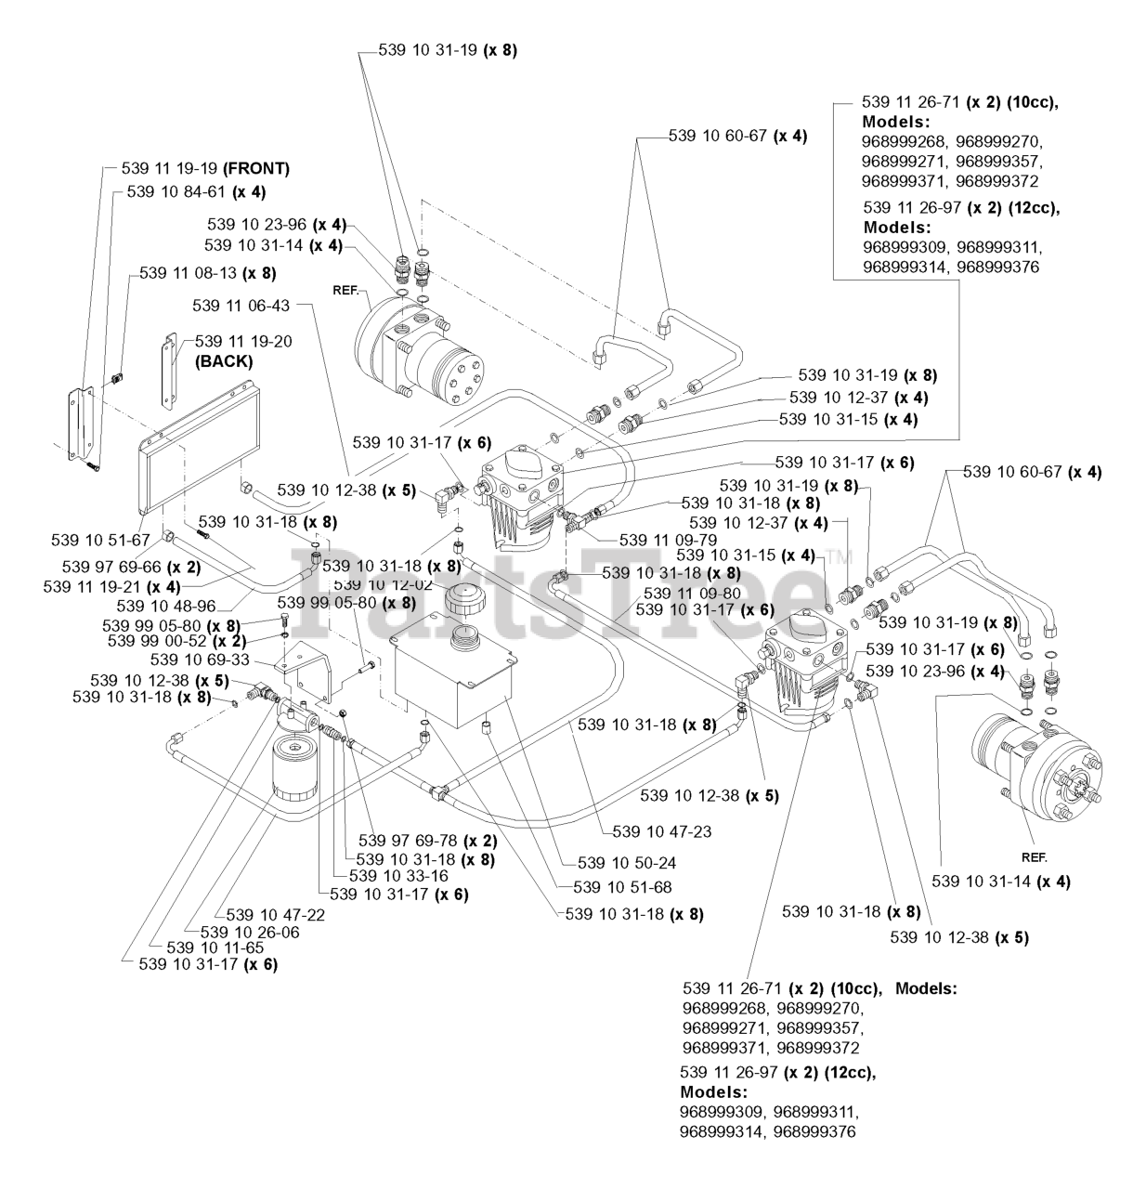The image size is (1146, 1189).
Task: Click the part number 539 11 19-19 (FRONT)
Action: point(205,168)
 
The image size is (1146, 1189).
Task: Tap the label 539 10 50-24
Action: point(626,862)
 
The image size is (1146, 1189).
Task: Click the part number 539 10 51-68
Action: point(622,887)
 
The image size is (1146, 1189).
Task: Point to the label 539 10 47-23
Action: point(661,831)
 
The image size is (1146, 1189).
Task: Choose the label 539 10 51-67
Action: point(101,540)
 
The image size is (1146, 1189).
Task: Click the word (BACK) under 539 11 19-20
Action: point(223,361)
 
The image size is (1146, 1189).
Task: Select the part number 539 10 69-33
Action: point(196,659)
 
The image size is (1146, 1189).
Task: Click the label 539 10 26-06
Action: point(250,932)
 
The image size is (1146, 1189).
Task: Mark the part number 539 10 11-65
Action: point(215,947)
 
